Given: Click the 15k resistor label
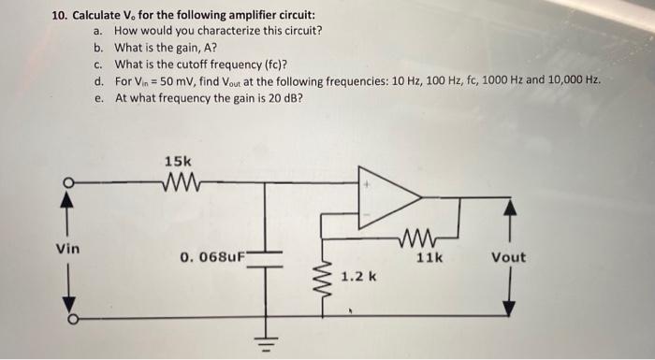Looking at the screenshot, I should (x=177, y=161).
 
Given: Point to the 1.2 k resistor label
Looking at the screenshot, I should (x=359, y=277).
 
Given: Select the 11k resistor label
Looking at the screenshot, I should (x=429, y=256).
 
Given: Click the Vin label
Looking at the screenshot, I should (x=67, y=250).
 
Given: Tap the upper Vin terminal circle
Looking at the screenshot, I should (x=67, y=182).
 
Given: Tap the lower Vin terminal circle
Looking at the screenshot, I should (x=67, y=319).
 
